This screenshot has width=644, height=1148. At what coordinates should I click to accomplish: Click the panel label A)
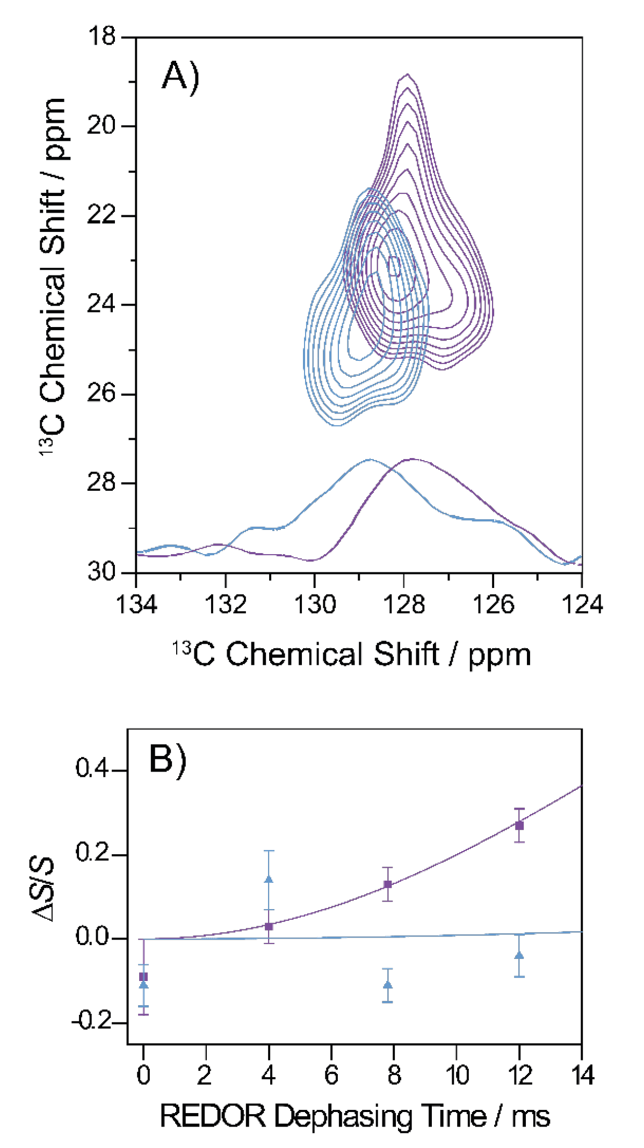click(180, 77)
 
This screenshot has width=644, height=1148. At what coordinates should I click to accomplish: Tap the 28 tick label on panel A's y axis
click(102, 482)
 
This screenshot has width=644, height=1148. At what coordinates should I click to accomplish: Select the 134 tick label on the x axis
click(136, 605)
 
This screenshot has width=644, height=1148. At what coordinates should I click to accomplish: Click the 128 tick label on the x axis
click(403, 605)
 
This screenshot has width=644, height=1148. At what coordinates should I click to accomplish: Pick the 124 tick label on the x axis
click(582, 605)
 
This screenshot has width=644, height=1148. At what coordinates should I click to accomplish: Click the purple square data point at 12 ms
click(519, 825)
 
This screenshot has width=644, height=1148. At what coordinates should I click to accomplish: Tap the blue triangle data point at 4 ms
click(269, 880)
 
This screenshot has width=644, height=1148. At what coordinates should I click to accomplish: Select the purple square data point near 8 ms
click(387, 884)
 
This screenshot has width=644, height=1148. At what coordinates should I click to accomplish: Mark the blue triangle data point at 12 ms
click(519, 955)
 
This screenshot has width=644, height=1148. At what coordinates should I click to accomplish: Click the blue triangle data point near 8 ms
click(387, 985)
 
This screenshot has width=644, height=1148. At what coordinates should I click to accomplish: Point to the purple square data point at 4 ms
click(269, 926)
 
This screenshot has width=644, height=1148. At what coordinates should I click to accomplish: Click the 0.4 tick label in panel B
click(92, 769)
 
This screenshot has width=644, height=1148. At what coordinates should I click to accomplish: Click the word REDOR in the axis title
click(213, 1116)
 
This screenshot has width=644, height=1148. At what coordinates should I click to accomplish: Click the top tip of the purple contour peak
click(408, 75)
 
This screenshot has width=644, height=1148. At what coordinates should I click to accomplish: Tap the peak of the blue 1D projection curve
click(370, 460)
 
